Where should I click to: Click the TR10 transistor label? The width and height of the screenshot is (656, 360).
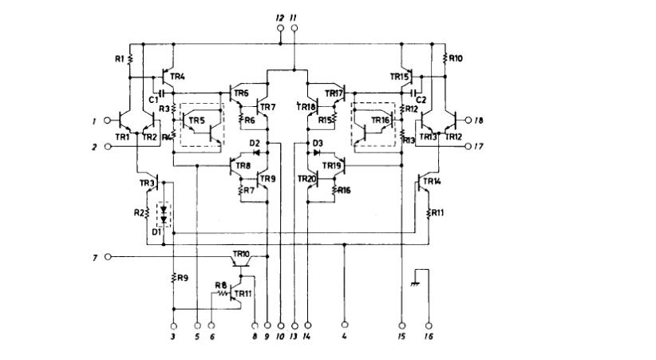click(x=240, y=253)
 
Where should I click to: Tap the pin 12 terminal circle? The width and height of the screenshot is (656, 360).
click(x=281, y=30)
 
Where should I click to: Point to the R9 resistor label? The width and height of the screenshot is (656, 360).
click(x=183, y=278)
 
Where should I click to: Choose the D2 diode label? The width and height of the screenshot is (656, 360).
click(x=255, y=143)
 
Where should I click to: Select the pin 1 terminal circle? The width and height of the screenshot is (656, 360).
click(x=108, y=121)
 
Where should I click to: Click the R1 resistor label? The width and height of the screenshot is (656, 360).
click(x=119, y=58)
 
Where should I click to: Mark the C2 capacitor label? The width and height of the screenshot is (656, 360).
click(x=421, y=100)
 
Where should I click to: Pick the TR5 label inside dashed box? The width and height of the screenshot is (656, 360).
click(x=196, y=121)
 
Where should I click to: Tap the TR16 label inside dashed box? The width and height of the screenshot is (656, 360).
click(x=380, y=120)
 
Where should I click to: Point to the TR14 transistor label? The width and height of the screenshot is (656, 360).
click(x=431, y=182)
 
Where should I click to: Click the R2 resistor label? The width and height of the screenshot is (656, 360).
click(x=140, y=213)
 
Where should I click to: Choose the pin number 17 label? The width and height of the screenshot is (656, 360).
click(x=479, y=146)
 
